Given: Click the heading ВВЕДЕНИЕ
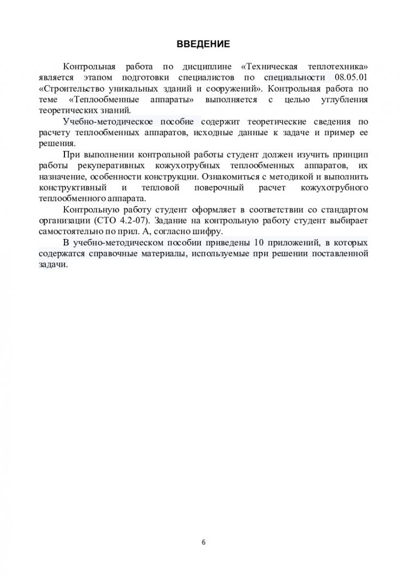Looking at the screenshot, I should [x=203, y=44].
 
